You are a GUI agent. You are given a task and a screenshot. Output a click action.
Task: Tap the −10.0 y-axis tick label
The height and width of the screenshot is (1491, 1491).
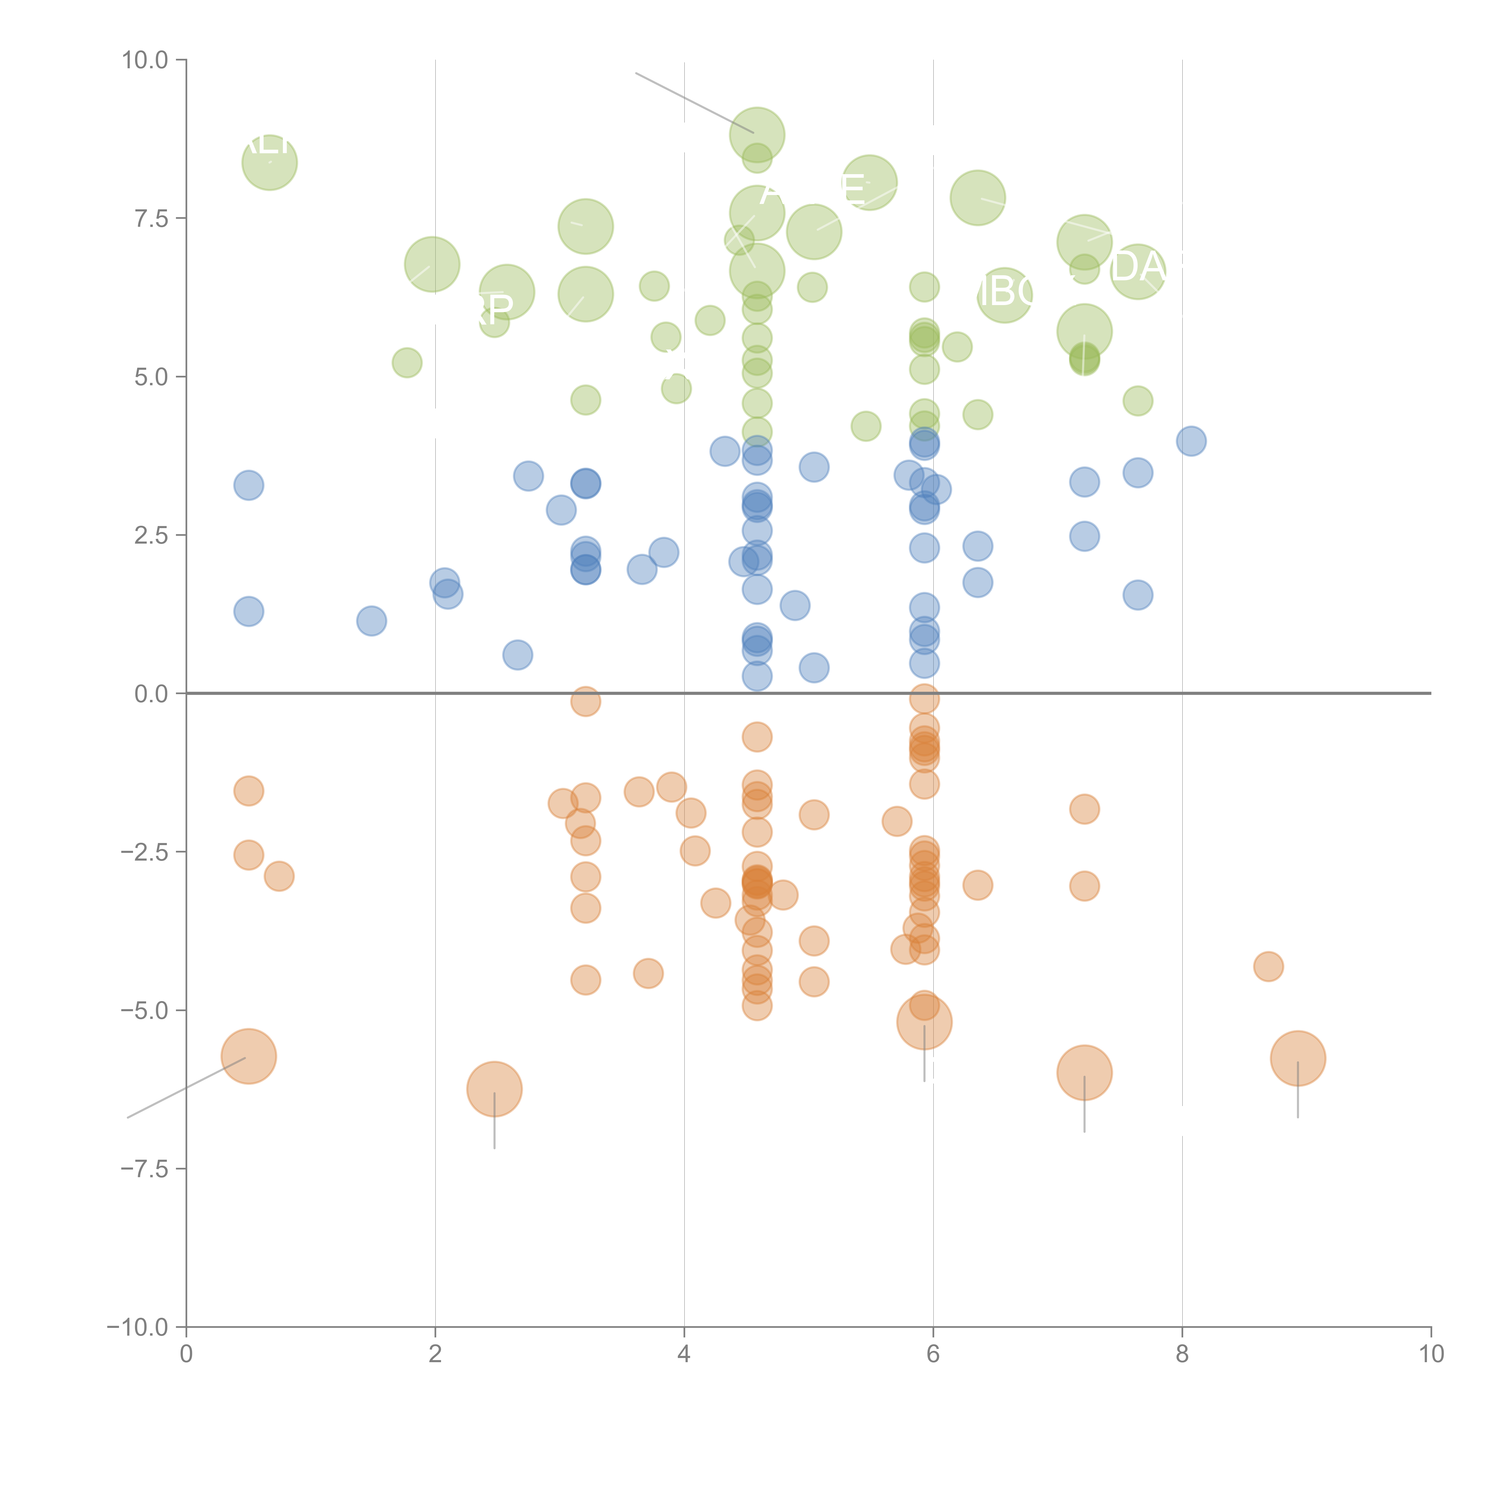point(137,1327)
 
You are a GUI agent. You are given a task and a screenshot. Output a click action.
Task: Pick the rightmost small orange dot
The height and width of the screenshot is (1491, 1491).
point(1268,966)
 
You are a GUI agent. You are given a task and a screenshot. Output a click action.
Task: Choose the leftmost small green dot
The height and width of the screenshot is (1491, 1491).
point(407,363)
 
